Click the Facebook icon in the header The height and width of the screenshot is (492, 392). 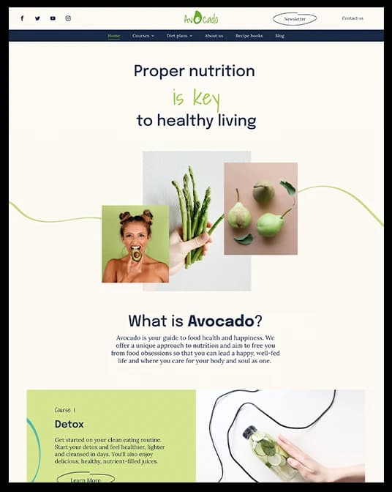[x=22, y=18]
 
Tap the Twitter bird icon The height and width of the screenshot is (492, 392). [x=37, y=18]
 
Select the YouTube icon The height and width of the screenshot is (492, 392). [x=53, y=18]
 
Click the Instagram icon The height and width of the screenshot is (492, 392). [x=68, y=18]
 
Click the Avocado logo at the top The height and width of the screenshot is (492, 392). [x=200, y=18]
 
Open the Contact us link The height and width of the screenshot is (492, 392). [x=353, y=18]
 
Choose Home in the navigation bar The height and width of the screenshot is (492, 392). [x=114, y=36]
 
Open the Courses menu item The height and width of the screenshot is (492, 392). [x=143, y=36]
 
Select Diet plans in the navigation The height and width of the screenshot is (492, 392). [x=178, y=36]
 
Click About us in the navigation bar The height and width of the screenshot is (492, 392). [x=214, y=36]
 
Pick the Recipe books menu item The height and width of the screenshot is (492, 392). [x=249, y=36]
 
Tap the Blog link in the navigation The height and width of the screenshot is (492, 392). [x=279, y=36]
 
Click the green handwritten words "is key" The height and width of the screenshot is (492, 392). [x=195, y=97]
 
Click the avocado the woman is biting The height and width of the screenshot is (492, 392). [x=136, y=255]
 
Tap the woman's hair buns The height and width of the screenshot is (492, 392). [x=135, y=216]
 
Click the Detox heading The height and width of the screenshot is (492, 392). [x=69, y=424]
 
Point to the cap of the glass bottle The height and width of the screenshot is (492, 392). [x=249, y=431]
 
